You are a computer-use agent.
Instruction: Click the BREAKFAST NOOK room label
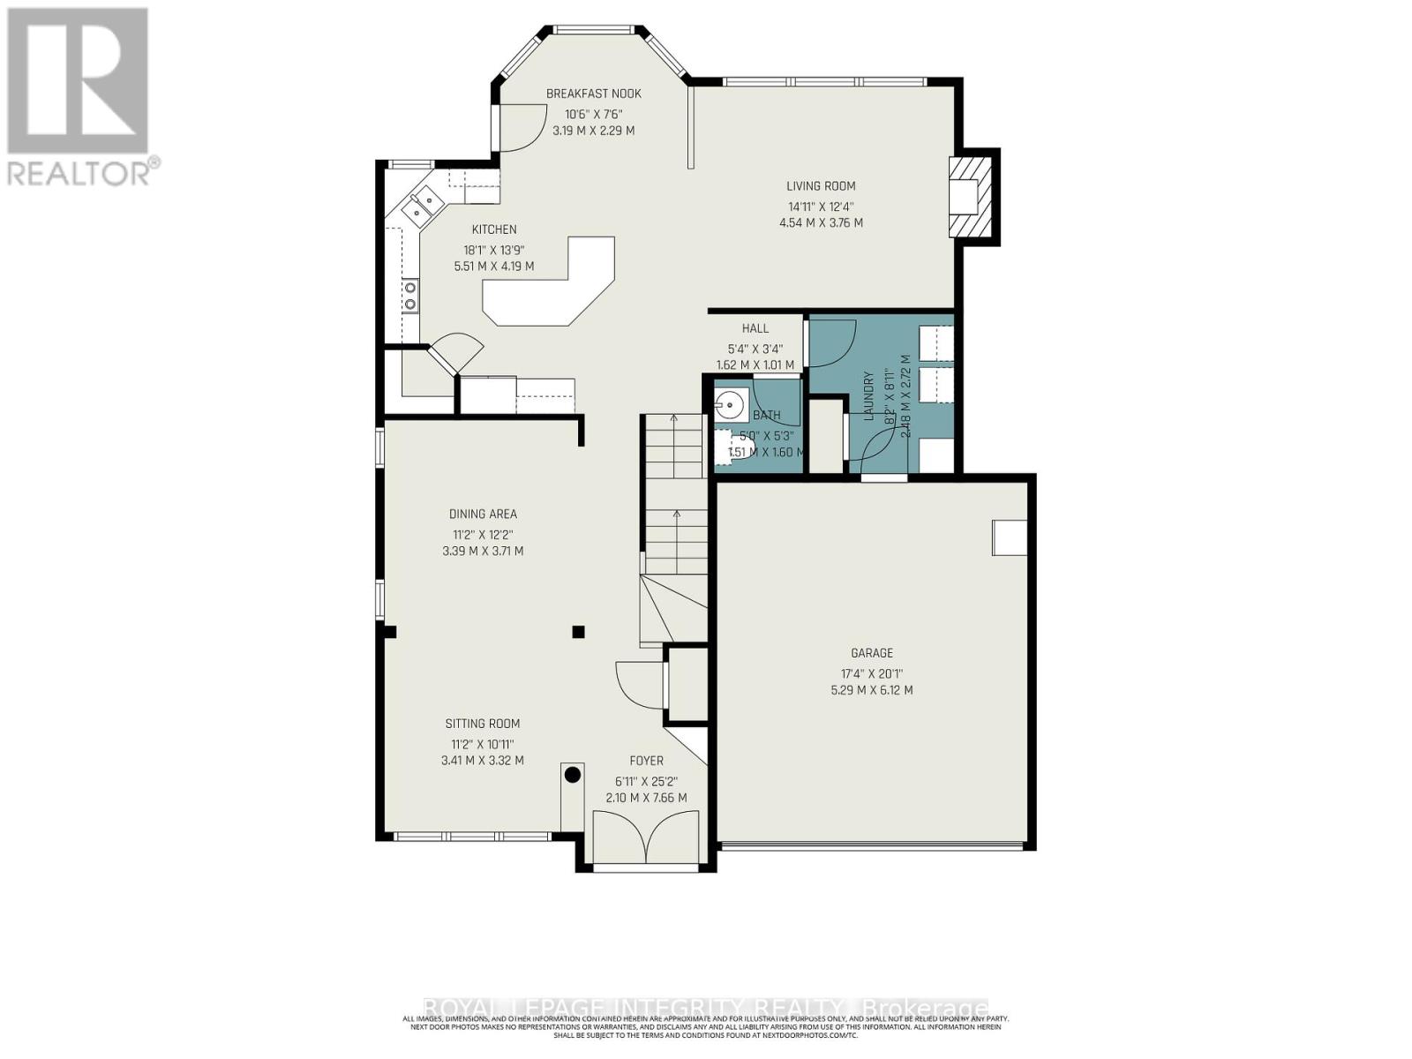pyautogui.click(x=593, y=94)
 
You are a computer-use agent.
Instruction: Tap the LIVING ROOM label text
pyautogui.click(x=821, y=186)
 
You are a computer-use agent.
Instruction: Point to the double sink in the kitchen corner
pyautogui.click(x=419, y=206)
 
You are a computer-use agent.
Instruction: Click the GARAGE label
pyautogui.click(x=871, y=653)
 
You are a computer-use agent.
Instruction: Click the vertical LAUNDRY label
pyautogui.click(x=868, y=394)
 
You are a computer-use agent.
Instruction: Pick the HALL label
pyautogui.click(x=755, y=328)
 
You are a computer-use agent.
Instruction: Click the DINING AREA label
pyautogui.click(x=483, y=514)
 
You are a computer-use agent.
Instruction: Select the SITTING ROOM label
pyautogui.click(x=482, y=724)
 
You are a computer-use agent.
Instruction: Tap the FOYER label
pyautogui.click(x=646, y=761)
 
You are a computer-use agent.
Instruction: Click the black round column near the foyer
pyautogui.click(x=572, y=775)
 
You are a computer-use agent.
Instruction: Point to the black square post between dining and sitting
pyautogui.click(x=578, y=631)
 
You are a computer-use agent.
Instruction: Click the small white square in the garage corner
pyautogui.click(x=1010, y=537)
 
